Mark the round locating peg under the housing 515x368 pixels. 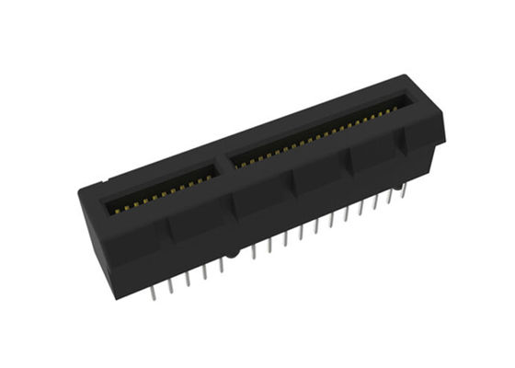point(236,251)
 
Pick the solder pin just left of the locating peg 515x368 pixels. point(222,266)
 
